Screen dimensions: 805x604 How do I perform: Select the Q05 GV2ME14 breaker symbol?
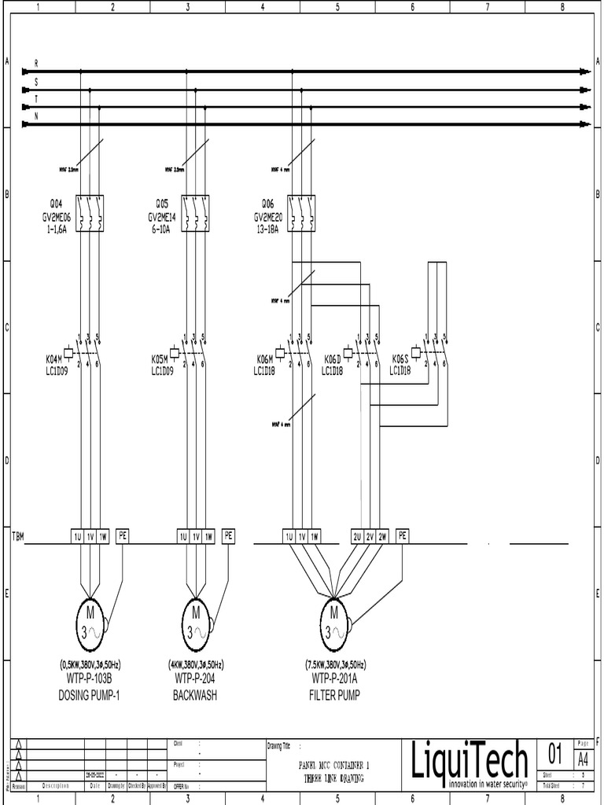click(195, 213)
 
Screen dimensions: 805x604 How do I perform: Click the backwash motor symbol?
click(195, 619)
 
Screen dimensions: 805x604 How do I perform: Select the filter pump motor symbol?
click(333, 619)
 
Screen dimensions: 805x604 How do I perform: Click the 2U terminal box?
click(357, 536)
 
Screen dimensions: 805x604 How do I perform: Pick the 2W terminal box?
click(383, 536)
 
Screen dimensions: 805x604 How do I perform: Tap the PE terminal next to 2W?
click(403, 536)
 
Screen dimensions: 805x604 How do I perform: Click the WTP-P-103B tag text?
click(90, 678)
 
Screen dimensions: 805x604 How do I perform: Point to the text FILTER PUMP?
click(335, 696)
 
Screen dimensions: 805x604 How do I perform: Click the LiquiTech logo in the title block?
click(470, 763)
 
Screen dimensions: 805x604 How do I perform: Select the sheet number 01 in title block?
click(554, 755)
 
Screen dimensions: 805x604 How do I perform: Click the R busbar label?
click(36, 62)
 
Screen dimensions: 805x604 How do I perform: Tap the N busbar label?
click(36, 116)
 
